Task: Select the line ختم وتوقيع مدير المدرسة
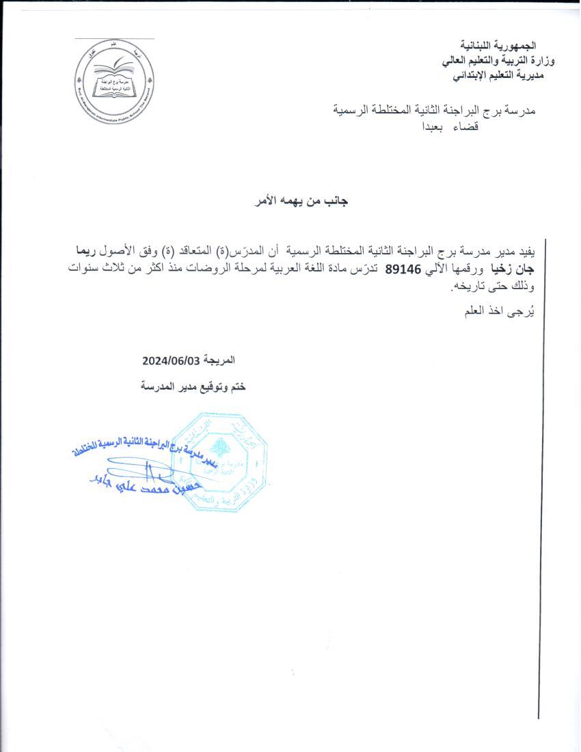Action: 193,387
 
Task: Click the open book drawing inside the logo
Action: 113,68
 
